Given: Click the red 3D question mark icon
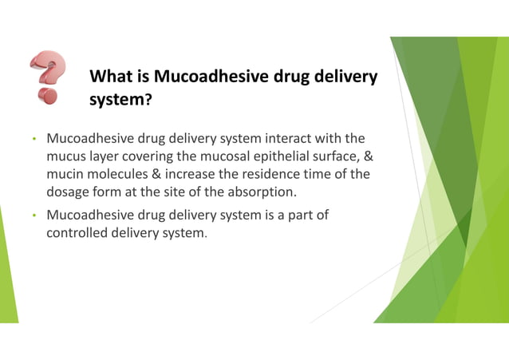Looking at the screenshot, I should coord(47,77).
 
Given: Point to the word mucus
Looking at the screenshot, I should coord(66,156).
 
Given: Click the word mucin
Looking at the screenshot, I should coord(66,174).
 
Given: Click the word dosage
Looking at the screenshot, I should coord(69,192).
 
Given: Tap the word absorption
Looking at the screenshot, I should coord(262,192).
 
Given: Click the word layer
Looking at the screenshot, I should coord(103,156).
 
